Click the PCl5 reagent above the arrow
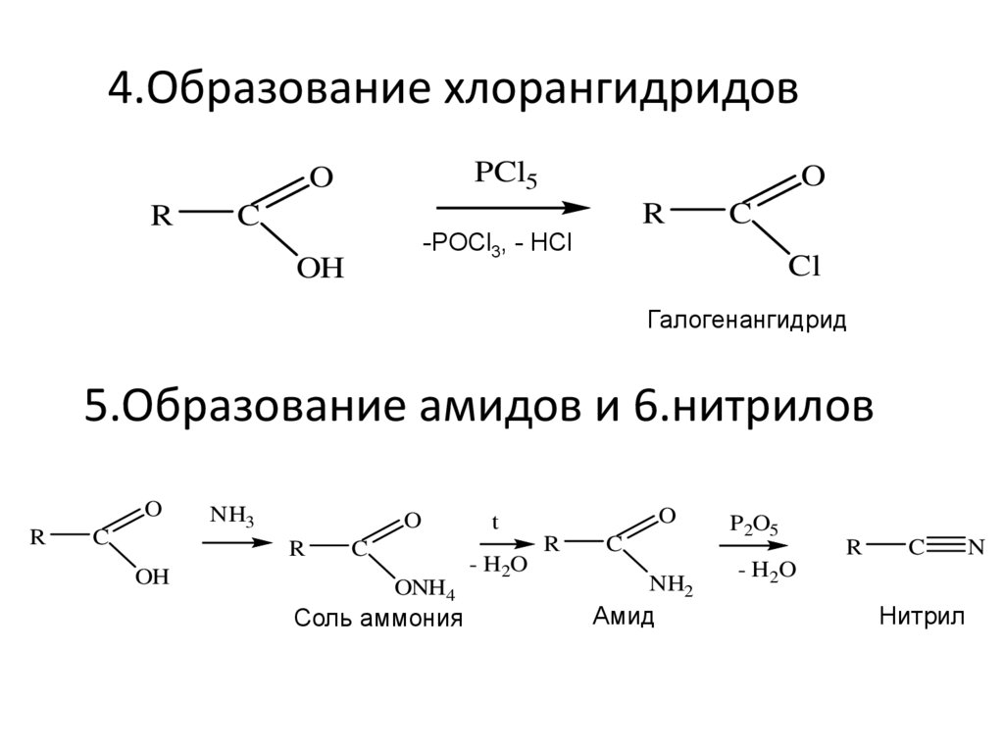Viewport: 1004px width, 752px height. (x=505, y=175)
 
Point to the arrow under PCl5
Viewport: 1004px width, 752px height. (x=512, y=208)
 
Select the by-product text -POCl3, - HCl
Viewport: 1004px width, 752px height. (x=496, y=244)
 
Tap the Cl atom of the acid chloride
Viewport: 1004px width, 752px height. (x=805, y=267)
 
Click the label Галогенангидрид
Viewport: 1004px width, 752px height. (x=746, y=321)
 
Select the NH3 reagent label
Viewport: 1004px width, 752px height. (x=232, y=516)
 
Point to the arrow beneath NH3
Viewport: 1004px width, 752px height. (x=235, y=541)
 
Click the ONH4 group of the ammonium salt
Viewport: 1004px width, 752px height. (x=425, y=589)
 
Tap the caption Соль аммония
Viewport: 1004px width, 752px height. (x=377, y=620)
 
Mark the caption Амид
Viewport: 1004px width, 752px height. (x=624, y=618)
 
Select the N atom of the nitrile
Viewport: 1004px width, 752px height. (x=976, y=547)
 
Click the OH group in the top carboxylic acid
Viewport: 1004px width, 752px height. (x=321, y=269)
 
